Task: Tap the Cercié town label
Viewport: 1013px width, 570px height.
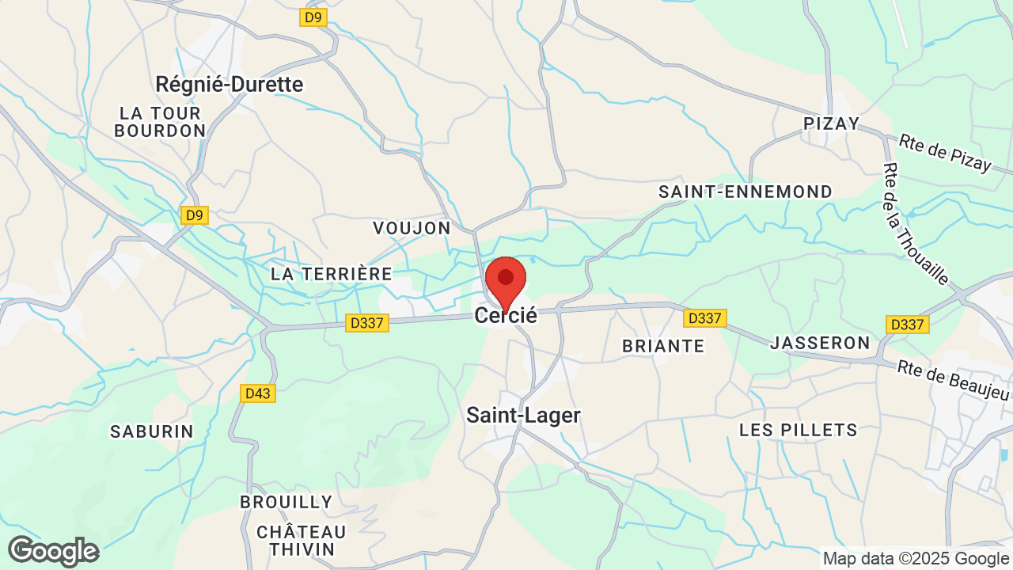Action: [506, 316]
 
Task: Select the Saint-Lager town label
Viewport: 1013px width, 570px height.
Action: [523, 415]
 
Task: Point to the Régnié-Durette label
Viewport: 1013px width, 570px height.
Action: [230, 84]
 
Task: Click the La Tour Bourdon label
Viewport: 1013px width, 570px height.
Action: [160, 122]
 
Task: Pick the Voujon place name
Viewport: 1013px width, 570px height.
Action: [412, 228]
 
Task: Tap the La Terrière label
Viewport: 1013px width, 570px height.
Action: [331, 274]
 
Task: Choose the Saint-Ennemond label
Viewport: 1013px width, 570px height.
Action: [746, 192]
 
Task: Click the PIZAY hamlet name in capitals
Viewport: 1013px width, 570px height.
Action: [831, 123]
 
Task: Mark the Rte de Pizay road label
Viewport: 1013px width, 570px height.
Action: [945, 153]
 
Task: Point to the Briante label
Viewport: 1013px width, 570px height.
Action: [663, 346]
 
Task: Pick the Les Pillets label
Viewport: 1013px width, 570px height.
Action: [798, 430]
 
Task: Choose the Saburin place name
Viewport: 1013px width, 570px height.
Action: [152, 431]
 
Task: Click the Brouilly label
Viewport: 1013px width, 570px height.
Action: [286, 502]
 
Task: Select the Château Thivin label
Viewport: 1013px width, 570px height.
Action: [301, 540]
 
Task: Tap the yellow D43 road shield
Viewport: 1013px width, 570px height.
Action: [258, 393]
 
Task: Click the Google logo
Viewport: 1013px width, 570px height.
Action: [53, 551]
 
